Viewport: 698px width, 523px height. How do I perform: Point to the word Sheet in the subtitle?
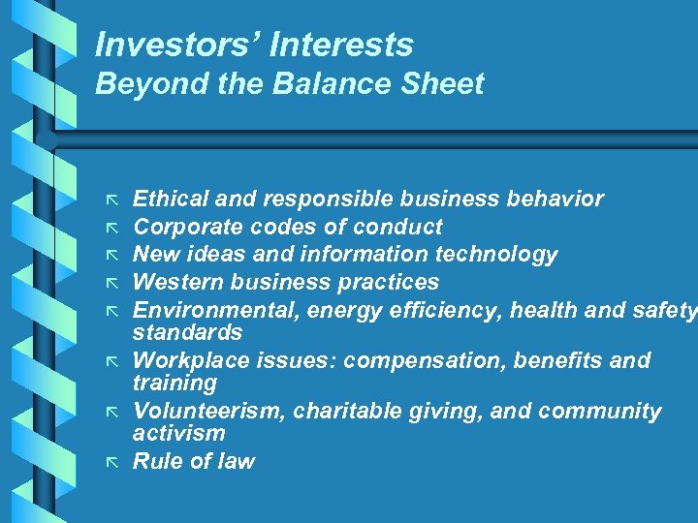[x=443, y=84]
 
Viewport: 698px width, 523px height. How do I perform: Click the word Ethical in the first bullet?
[x=171, y=200]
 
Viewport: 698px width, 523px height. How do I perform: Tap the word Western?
[x=177, y=283]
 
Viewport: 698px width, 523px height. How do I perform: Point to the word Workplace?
[x=191, y=361]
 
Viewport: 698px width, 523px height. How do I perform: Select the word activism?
[x=178, y=433]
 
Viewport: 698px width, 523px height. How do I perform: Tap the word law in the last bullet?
[x=237, y=462]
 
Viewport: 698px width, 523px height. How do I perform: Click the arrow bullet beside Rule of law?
[x=111, y=463]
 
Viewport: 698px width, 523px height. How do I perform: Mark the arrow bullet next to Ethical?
[x=111, y=200]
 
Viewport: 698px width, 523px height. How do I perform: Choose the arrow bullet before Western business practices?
[x=111, y=284]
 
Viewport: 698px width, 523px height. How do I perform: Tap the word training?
[x=174, y=383]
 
